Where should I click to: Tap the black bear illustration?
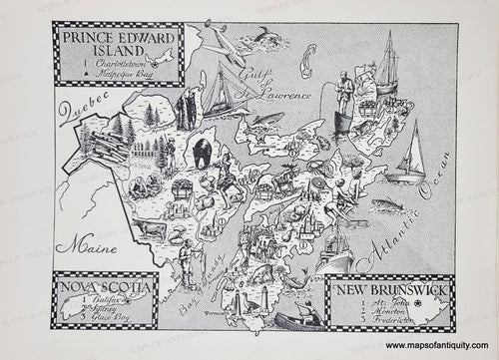point(202,154)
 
